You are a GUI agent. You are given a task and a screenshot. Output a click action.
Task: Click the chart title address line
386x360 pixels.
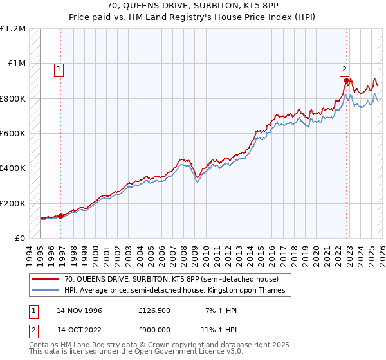coord(192,6)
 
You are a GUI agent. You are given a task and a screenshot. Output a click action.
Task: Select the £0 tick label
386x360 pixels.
coord(20,239)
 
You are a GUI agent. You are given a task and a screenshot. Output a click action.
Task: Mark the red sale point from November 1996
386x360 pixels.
coord(61,216)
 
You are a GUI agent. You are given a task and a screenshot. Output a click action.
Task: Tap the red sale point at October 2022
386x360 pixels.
coord(345,81)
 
